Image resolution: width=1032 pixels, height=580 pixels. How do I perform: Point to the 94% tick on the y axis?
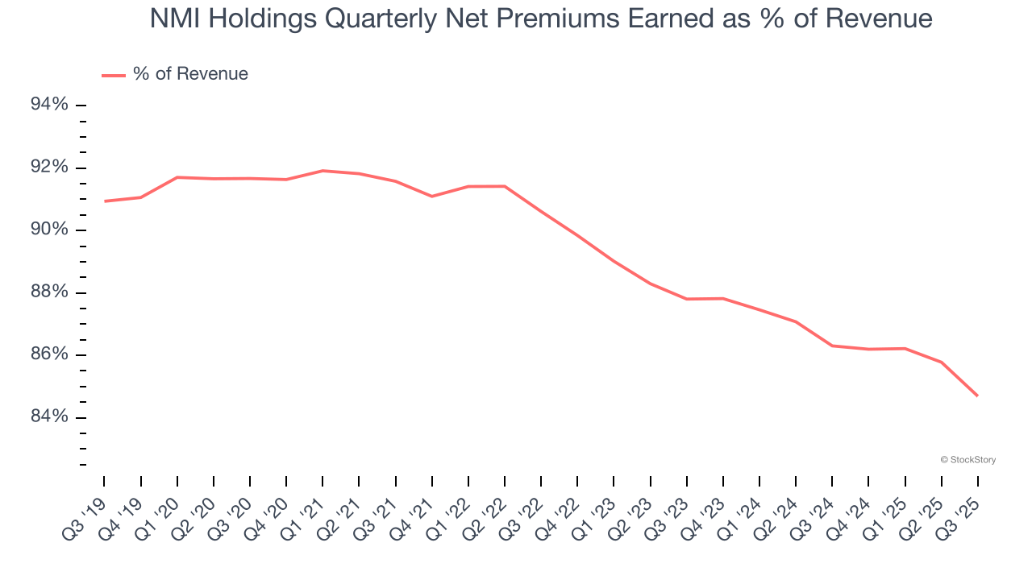tap(49, 106)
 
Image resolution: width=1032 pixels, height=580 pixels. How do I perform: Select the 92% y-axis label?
tap(49, 168)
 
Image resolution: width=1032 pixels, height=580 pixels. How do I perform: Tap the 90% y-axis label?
tap(49, 230)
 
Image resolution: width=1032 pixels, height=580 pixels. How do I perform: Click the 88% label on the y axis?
tap(49, 292)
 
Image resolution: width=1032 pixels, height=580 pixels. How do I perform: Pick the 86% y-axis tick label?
tap(49, 355)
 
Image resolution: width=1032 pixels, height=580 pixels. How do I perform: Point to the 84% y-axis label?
tap(49, 417)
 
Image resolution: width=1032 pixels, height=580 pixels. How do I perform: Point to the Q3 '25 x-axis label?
tap(961, 515)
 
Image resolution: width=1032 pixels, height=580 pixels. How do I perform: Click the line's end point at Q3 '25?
tap(978, 396)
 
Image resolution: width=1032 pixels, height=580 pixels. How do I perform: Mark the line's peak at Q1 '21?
tap(322, 171)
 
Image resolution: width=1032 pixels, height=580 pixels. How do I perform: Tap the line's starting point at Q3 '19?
tap(105, 201)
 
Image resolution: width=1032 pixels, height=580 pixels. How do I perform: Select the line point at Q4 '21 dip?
tap(432, 197)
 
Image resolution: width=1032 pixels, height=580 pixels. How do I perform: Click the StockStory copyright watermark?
tap(967, 460)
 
